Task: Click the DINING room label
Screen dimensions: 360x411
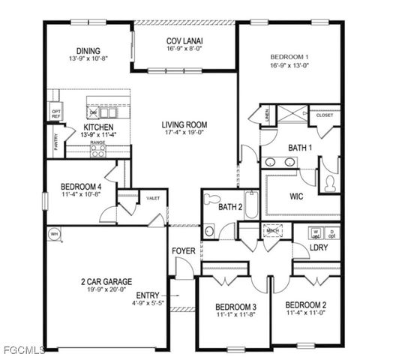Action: [88, 30]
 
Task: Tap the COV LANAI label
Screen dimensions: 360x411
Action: [184, 40]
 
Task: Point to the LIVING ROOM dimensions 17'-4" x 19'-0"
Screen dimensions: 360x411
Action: [184, 133]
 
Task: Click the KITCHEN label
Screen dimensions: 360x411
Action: [98, 127]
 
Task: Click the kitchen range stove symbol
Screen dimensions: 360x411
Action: [98, 149]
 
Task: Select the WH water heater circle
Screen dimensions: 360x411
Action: [53, 234]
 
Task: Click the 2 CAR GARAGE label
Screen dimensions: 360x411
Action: [106, 282]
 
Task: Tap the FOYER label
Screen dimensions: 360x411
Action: [184, 250]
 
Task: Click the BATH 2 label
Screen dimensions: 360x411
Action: [230, 206]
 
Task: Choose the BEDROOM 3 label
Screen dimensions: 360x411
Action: [236, 307]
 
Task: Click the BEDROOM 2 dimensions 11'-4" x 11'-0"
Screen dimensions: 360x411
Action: [305, 313]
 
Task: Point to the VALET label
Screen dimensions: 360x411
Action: [153, 197]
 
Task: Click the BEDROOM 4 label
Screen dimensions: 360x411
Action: [81, 187]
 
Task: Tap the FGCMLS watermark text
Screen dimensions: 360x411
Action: [22, 349]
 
